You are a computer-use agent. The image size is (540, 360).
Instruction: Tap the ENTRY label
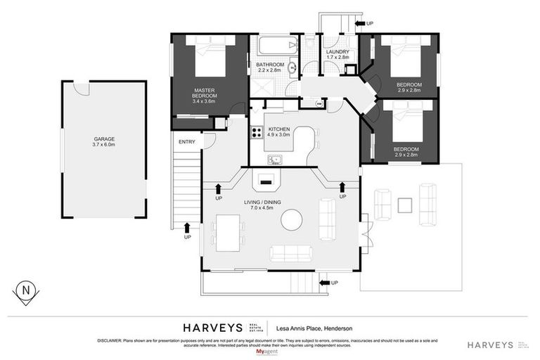[187, 141]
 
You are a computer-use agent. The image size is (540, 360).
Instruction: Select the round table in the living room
[292, 220]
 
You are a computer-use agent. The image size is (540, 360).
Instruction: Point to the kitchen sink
[273, 159]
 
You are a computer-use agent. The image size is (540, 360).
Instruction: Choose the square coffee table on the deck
[404, 205]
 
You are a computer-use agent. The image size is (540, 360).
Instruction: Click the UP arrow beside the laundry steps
[364, 24]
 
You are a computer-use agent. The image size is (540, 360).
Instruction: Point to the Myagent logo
[269, 351]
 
